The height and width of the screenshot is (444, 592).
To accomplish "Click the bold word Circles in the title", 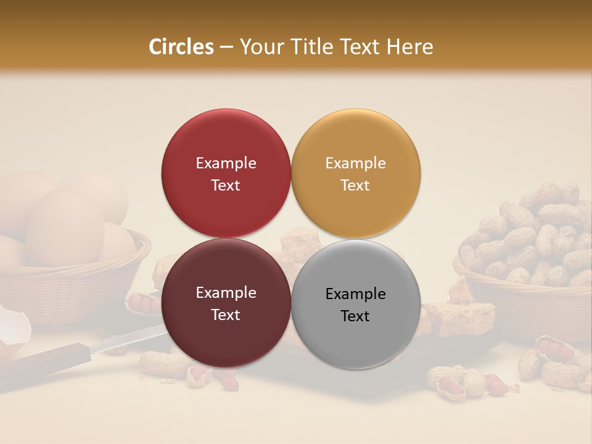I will [181, 47].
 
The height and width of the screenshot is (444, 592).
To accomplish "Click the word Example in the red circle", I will [226, 163].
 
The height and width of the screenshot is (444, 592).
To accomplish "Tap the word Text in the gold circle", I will [355, 186].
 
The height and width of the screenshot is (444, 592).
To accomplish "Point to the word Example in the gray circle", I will [355, 294].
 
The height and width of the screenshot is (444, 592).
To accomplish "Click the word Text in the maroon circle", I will [226, 315].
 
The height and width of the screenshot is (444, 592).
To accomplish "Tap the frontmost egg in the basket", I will [65, 225].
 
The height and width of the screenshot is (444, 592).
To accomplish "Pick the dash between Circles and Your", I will [226, 47].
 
